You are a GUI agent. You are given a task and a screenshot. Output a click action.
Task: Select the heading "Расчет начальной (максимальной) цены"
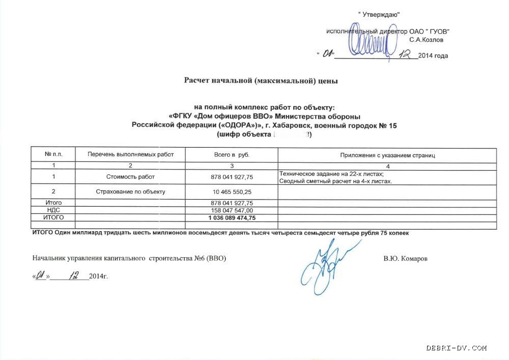click(x=261, y=80)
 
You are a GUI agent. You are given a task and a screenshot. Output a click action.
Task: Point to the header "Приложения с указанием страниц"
click(x=387, y=155)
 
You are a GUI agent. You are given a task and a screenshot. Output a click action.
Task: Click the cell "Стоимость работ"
click(x=130, y=177)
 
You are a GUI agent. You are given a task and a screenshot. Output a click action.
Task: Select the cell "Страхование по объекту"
click(x=130, y=192)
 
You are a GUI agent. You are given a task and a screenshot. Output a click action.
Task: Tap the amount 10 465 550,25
click(x=232, y=192)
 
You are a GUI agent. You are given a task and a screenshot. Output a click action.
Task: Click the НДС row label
click(x=53, y=210)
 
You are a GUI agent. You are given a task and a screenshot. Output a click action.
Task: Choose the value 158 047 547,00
click(x=232, y=210)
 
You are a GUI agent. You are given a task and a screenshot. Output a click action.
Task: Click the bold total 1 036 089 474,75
click(x=232, y=217)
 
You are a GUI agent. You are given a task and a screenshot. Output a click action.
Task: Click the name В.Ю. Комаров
click(x=406, y=259)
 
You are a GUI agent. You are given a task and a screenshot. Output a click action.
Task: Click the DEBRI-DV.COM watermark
click(x=457, y=348)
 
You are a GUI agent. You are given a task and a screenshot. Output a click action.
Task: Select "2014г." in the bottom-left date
click(x=98, y=276)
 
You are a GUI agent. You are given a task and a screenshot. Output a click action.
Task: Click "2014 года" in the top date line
click(x=433, y=56)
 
